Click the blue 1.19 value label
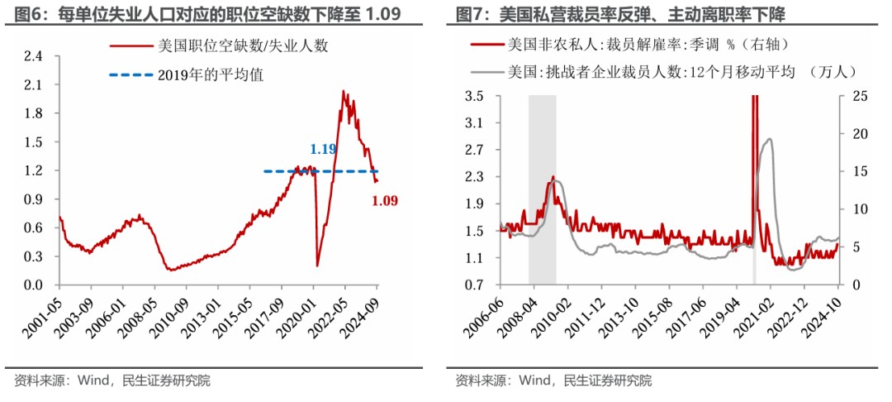pos(323,150)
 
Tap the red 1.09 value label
pos(385,200)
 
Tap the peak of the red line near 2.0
pos(343,90)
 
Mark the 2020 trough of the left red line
pos(317,266)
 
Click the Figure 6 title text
pos(207,13)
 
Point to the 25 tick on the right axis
pos(852,96)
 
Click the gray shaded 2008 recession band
pos(542,189)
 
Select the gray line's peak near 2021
pos(770,138)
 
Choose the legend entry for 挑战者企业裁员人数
pos(663,72)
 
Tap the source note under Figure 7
pos(553,380)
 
